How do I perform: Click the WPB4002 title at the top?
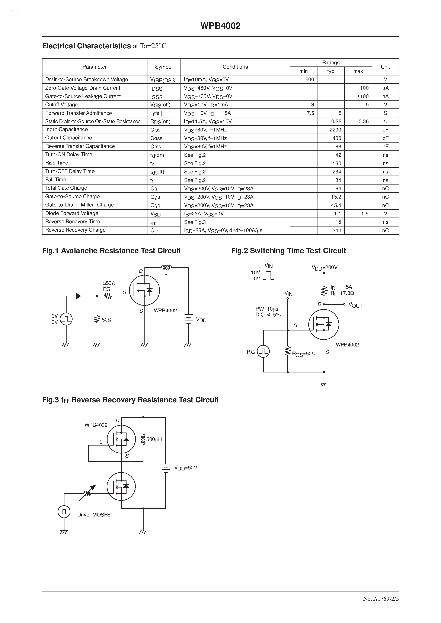[x=220, y=26]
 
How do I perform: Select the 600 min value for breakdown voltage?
[x=310, y=79]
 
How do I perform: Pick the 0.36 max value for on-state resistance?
[x=363, y=121]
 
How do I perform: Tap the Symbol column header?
[x=164, y=67]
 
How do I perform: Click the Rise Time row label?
[x=57, y=163]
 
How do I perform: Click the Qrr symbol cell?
[x=154, y=231]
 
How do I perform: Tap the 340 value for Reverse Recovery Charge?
[x=337, y=230]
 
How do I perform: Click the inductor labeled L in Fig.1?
[x=166, y=268]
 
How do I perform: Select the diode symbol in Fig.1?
[x=79, y=296]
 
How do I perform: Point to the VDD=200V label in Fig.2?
[x=325, y=268]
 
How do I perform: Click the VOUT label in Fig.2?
[x=355, y=306]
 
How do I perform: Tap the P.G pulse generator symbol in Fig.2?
[x=263, y=351]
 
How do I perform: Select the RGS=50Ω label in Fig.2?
[x=304, y=354]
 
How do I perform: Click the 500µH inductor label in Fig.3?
[x=154, y=439]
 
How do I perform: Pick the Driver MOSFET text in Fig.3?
[x=95, y=515]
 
